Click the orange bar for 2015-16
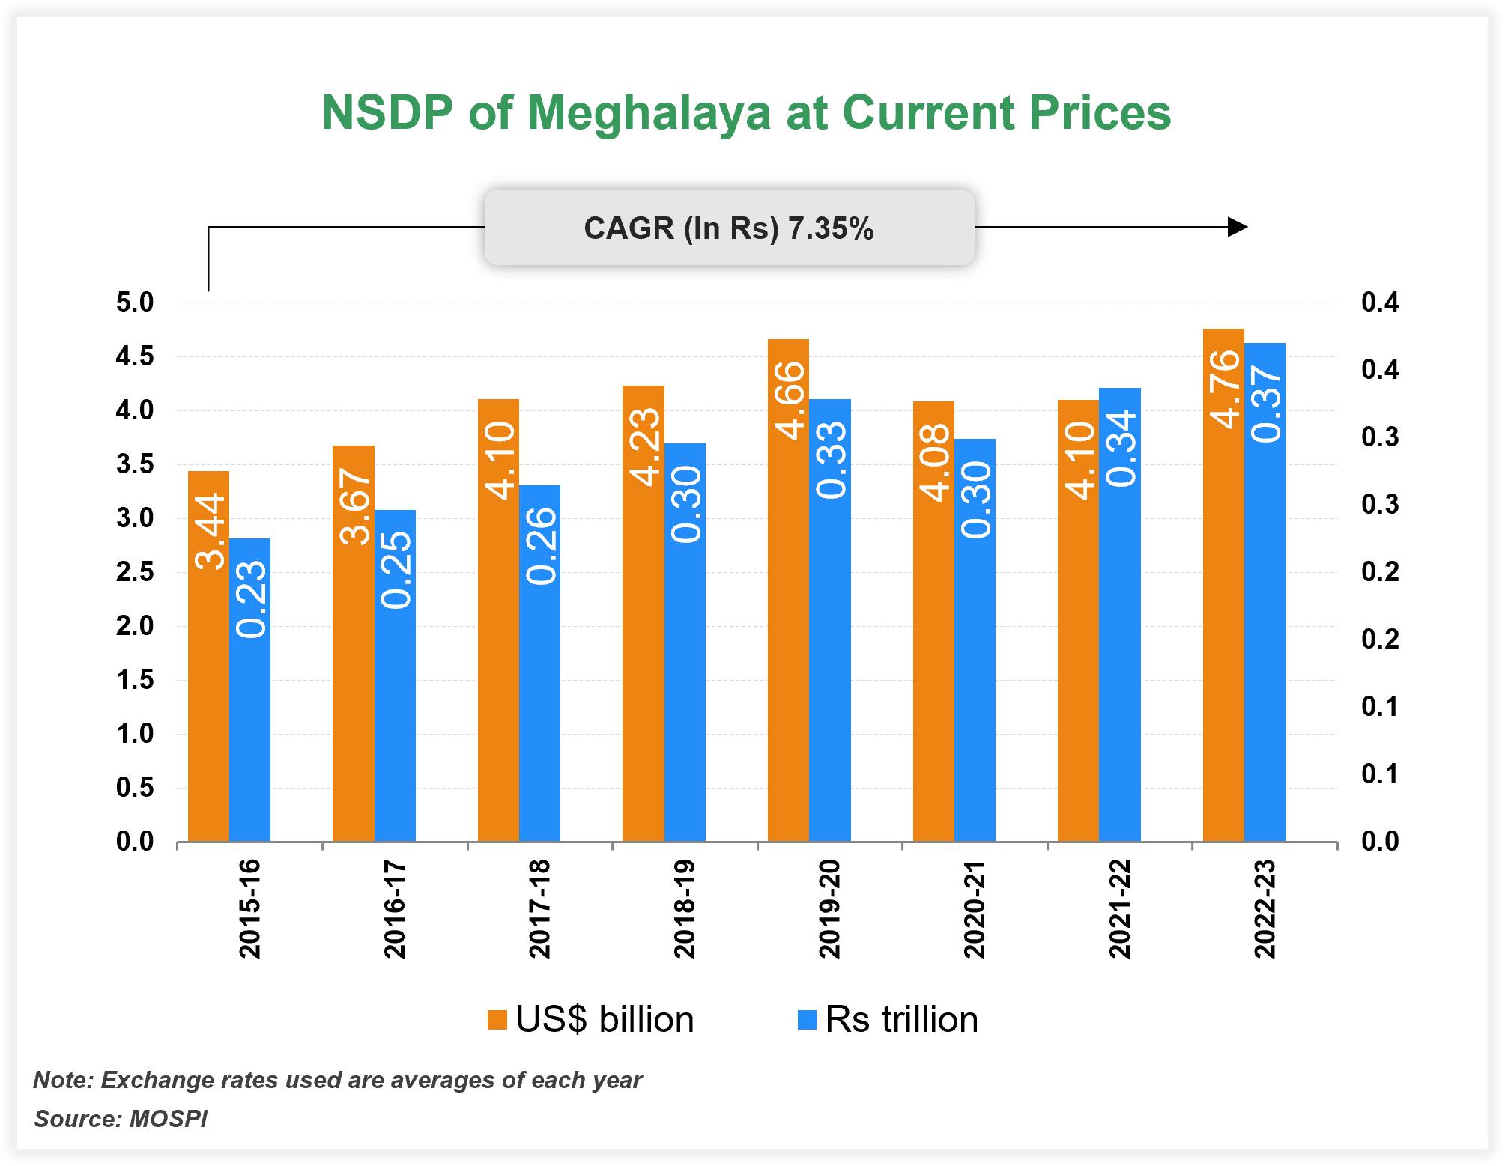coord(208,674)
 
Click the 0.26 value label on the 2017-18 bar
coord(541,546)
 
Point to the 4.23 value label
coord(644,447)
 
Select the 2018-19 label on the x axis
coord(685,908)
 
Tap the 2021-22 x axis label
coord(1120,908)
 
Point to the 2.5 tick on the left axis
coord(135,572)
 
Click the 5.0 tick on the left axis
coord(135,303)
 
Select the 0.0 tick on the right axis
coord(1380,841)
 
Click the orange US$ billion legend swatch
coord(497,1020)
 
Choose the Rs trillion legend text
coord(901,1020)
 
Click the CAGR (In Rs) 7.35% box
coord(729,228)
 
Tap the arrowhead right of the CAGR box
coord(1238,226)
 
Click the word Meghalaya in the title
coord(649,112)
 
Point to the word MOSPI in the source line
coord(169,1119)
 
